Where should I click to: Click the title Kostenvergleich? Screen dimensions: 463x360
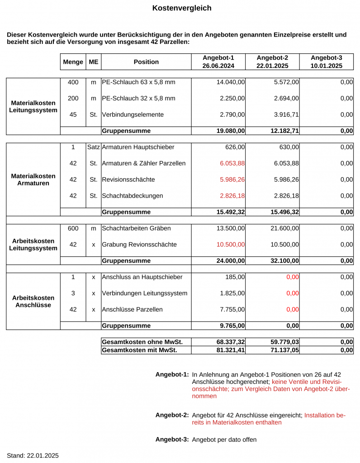point(181,8)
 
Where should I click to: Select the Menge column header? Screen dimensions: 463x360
point(73,62)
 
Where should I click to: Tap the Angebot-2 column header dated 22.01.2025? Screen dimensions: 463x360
point(272,62)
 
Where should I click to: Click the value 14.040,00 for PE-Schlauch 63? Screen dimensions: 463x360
point(231,82)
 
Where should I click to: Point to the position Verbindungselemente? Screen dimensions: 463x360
point(133,115)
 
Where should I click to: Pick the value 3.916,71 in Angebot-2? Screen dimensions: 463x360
point(286,115)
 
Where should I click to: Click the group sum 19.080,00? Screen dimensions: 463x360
point(231,131)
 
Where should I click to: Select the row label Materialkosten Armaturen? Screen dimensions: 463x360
point(33,180)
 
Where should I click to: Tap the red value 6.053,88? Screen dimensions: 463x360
point(232,163)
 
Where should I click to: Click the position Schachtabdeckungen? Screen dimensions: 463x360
point(133,196)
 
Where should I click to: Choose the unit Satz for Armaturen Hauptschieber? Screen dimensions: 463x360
point(94,147)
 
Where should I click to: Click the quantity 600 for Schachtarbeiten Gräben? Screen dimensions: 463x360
point(73,228)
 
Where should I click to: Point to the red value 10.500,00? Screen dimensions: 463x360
point(231,245)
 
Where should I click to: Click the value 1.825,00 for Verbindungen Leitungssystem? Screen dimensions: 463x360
point(232,293)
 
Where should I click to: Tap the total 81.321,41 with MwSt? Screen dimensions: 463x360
point(231,350)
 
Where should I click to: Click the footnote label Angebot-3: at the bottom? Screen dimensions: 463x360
point(172,439)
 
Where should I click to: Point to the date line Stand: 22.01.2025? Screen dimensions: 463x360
point(33,455)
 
